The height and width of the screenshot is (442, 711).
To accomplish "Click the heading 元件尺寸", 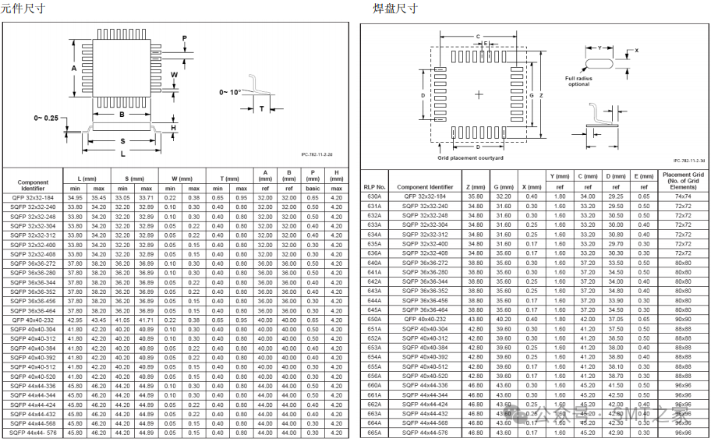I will coord(23,9).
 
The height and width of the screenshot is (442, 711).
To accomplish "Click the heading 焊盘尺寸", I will coord(395,9).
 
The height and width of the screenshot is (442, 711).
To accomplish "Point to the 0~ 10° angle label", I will coord(231,92).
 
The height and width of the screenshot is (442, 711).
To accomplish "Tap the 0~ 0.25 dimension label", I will coord(46,118).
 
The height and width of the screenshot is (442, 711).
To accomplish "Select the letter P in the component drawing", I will coord(184,38).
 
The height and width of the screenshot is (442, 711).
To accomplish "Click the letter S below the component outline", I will coord(123,141).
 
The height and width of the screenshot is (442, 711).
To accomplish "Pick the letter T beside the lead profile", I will coord(261,108).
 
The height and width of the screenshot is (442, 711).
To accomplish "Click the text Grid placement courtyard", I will coord(470,158).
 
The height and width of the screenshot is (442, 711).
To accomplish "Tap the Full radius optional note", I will coord(578,81).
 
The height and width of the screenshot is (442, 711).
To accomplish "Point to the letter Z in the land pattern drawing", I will coord(540,95).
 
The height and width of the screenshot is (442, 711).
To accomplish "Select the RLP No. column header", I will coord(375,187).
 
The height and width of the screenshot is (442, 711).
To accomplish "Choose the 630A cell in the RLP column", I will coord(374,196).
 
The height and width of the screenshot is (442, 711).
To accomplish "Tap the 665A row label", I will coord(374,433).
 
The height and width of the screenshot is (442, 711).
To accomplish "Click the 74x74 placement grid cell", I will coord(683,196).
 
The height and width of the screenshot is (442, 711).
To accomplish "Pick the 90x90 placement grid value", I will coord(683,319).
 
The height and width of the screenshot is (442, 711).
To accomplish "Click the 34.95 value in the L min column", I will coord(75,198).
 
